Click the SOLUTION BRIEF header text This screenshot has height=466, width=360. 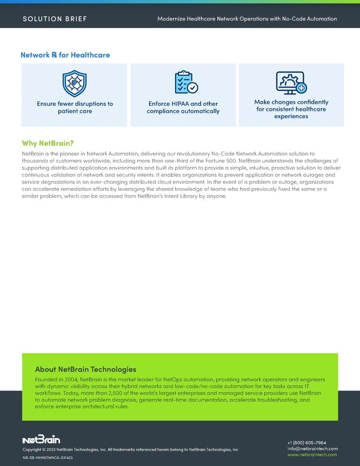(x=55, y=19)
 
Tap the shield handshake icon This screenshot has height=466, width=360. (x=74, y=83)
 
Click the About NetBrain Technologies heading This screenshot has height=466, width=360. (x=86, y=369)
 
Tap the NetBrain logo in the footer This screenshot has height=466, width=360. (x=41, y=440)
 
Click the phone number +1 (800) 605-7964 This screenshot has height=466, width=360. (x=313, y=443)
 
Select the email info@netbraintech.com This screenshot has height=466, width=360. (x=313, y=449)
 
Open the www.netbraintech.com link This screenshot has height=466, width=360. (x=313, y=455)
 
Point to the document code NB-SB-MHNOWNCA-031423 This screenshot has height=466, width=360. (x=47, y=458)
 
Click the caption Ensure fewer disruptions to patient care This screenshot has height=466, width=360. (x=74, y=107)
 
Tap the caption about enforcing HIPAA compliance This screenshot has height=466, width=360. (x=184, y=107)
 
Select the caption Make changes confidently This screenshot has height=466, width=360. (x=291, y=109)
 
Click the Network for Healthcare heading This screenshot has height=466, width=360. (x=65, y=55)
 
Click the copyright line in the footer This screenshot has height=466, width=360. (x=130, y=449)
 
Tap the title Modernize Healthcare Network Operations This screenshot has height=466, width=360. (x=247, y=19)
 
